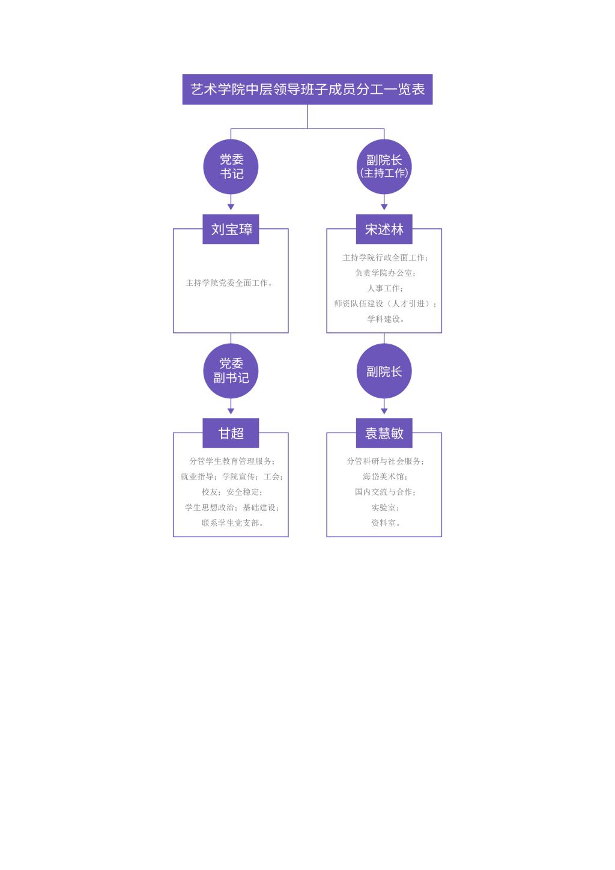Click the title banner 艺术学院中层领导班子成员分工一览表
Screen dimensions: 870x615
click(307, 90)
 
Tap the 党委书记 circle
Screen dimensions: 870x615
click(231, 166)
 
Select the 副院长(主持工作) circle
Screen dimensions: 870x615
click(384, 166)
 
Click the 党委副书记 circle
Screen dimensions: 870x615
click(231, 371)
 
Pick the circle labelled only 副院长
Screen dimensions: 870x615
click(384, 371)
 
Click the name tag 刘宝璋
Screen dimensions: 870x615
click(231, 229)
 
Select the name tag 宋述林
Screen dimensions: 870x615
click(384, 229)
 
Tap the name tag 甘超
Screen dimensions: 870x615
click(231, 433)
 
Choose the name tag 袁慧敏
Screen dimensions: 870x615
click(384, 433)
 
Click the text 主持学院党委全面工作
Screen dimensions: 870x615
click(229, 283)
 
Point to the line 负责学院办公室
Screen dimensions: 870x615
click(385, 273)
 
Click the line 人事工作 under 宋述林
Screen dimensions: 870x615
click(385, 288)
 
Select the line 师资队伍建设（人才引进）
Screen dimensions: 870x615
click(385, 303)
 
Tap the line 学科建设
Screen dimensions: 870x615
click(385, 319)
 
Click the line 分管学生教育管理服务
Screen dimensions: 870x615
click(232, 461)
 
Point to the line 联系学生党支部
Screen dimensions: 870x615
click(232, 523)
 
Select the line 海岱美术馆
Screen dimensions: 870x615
click(385, 476)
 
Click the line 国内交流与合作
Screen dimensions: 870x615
click(385, 492)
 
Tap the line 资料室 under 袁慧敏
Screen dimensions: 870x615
click(385, 523)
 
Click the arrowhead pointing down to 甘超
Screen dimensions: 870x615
click(231, 411)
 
